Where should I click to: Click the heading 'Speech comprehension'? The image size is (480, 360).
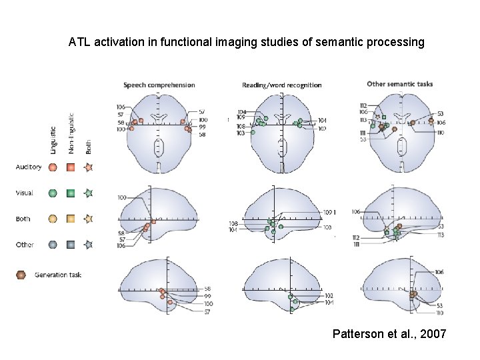tap(159, 85)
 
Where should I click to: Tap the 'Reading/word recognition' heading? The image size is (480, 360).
tap(281, 85)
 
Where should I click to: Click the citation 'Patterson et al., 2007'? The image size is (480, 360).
tap(389, 333)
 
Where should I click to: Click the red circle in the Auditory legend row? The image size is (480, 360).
tap(54, 167)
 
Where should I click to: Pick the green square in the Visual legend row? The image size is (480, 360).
tap(71, 193)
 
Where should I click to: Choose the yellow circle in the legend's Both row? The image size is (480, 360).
tap(54, 219)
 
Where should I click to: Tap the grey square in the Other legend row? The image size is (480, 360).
tap(71, 245)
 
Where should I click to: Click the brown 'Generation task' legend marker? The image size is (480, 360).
tap(21, 275)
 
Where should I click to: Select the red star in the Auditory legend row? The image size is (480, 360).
tap(89, 167)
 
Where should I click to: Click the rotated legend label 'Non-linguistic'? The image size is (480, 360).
tap(71, 132)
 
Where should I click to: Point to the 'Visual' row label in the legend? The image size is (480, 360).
tap(25, 193)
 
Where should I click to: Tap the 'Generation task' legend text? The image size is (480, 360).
tap(58, 275)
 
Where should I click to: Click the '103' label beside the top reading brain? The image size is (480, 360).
tap(241, 133)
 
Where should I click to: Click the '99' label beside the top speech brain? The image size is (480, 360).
tap(202, 127)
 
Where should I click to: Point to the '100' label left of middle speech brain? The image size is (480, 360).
tap(122, 198)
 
